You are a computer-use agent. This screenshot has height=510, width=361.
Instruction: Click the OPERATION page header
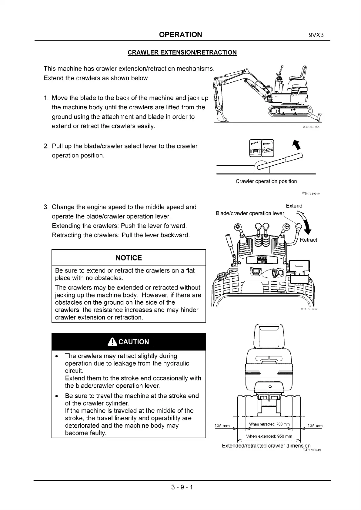pyautogui.click(x=180, y=35)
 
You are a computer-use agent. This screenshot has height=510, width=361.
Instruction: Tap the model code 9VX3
pyautogui.click(x=316, y=35)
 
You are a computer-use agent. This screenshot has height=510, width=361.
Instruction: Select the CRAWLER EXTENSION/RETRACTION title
pyautogui.click(x=182, y=52)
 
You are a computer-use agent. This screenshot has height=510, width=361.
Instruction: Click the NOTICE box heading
pyautogui.click(x=129, y=258)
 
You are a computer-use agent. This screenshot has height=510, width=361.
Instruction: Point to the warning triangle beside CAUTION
pyautogui.click(x=112, y=342)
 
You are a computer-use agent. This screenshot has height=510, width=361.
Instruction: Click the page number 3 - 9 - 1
pyautogui.click(x=182, y=487)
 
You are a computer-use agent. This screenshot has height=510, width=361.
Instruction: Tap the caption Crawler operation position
pyautogui.click(x=266, y=181)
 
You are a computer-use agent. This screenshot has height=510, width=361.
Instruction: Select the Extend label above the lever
pyautogui.click(x=294, y=206)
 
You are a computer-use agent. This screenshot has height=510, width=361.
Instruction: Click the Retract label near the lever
pyautogui.click(x=308, y=240)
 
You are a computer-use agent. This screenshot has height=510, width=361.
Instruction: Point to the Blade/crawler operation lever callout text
pyautogui.click(x=250, y=213)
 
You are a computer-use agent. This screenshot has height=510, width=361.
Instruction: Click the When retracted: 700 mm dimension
pyautogui.click(x=269, y=424)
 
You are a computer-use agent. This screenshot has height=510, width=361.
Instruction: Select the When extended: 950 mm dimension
pyautogui.click(x=269, y=436)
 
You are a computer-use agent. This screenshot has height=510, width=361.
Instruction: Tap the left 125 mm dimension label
pyautogui.click(x=222, y=426)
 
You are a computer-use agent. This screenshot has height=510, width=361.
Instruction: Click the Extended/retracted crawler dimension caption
pyautogui.click(x=266, y=445)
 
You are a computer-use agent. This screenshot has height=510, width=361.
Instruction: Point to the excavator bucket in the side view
pyautogui.click(x=221, y=115)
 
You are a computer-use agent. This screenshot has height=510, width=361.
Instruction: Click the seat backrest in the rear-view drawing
pyautogui.click(x=269, y=336)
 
